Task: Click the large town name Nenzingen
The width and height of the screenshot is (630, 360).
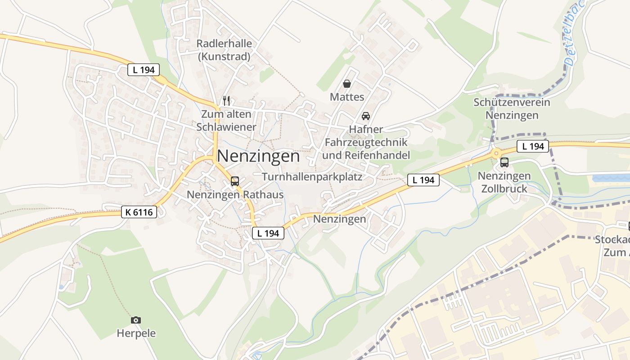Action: click(x=258, y=156)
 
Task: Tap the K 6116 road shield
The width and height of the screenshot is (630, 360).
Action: click(x=139, y=212)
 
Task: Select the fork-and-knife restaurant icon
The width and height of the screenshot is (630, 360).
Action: click(x=226, y=100)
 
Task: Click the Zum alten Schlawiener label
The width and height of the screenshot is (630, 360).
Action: click(x=226, y=121)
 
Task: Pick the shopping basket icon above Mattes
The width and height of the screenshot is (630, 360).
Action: click(x=347, y=84)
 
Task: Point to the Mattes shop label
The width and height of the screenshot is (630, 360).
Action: click(x=347, y=97)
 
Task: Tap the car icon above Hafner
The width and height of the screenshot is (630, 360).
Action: click(x=366, y=116)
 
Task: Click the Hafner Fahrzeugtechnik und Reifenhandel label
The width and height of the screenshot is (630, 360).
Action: click(x=366, y=142)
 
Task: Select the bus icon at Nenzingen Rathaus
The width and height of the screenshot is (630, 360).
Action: click(x=235, y=181)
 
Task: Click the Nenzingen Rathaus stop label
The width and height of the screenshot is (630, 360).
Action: click(x=235, y=195)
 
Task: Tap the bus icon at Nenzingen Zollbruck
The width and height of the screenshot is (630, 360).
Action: click(x=504, y=162)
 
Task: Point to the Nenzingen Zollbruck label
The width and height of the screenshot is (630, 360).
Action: click(x=504, y=182)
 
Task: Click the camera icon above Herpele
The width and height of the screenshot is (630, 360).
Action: click(x=136, y=320)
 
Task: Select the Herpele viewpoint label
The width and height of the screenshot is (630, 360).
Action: click(x=136, y=333)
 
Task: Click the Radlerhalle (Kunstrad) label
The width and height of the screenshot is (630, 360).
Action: click(x=224, y=50)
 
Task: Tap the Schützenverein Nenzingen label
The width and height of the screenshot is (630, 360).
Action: click(x=512, y=109)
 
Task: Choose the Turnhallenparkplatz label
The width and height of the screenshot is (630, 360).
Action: click(x=312, y=176)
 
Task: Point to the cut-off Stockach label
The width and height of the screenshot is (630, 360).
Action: click(x=612, y=246)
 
